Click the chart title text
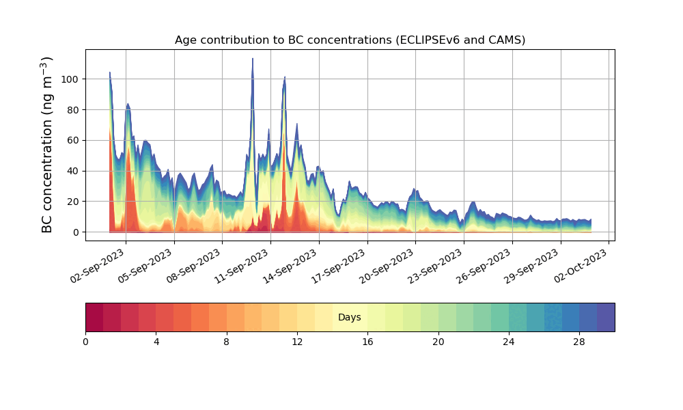click(350, 40)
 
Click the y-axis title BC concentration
click(47, 145)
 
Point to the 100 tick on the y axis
click(72, 79)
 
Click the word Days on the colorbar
click(350, 318)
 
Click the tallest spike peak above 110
click(253, 59)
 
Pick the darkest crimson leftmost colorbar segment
click(94, 317)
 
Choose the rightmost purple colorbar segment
click(606, 317)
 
